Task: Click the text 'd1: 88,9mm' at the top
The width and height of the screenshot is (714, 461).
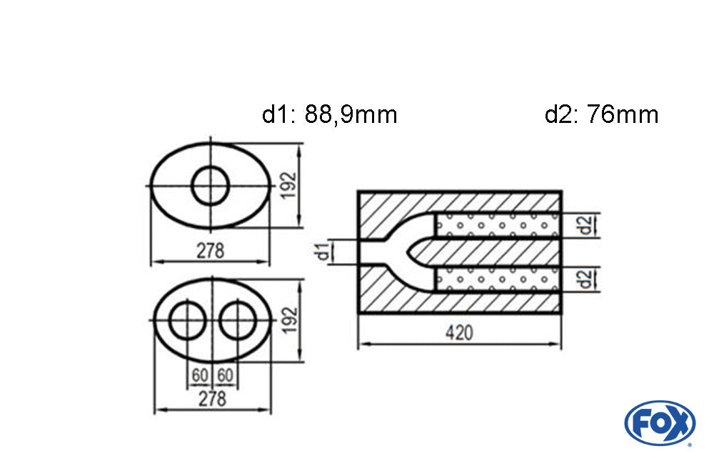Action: [x=329, y=114]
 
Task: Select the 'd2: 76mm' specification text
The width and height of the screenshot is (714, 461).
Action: [x=601, y=114]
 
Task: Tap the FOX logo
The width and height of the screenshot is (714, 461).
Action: [x=659, y=423]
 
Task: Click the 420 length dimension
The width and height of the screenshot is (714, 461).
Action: [x=459, y=333]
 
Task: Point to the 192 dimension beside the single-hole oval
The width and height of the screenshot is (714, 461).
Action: [x=291, y=186]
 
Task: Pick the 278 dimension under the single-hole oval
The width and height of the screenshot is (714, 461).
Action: [x=210, y=251]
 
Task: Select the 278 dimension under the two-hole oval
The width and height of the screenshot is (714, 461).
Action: [x=212, y=399]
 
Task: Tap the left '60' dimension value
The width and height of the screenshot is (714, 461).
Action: [x=199, y=375]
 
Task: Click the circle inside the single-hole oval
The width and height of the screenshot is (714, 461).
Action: [x=211, y=186]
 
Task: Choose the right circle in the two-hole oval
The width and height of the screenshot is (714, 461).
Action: [x=238, y=322]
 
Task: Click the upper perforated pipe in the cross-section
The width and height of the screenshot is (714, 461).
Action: [x=496, y=225]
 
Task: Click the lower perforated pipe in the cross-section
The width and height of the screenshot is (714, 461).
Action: [x=496, y=278]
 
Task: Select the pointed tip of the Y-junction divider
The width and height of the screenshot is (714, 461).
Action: [x=408, y=252]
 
